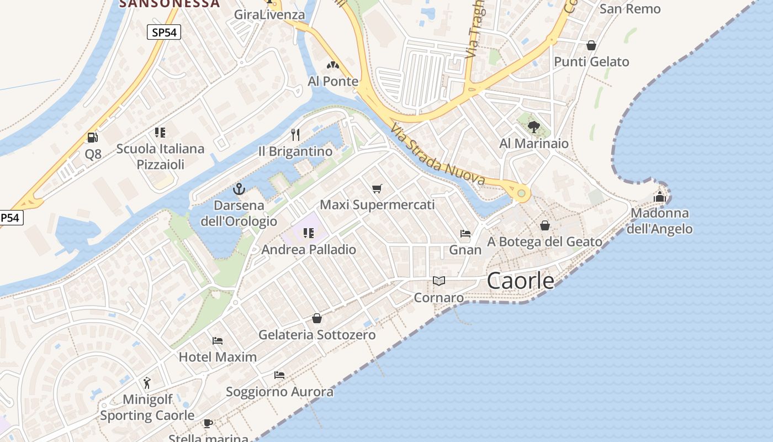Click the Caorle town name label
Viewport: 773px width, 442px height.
pos(521,281)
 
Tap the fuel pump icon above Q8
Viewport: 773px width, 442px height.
pos(92,138)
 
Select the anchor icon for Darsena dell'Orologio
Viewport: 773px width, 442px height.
pos(239,190)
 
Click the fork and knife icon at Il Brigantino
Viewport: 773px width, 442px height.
pos(295,134)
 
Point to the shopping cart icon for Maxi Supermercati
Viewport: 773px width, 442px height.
pos(377,189)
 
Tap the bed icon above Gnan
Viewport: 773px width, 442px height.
pos(465,234)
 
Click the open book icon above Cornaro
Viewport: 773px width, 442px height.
pos(439,281)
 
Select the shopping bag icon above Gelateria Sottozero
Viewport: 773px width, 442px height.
pos(317,318)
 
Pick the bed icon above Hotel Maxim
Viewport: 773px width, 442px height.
pos(218,341)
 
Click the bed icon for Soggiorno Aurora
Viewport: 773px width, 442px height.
pos(279,375)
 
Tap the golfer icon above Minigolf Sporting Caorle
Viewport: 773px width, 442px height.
pos(147,383)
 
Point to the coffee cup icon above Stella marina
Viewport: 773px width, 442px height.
pos(208,424)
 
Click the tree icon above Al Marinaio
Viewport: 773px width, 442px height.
pos(533,128)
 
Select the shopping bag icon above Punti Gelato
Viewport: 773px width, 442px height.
pos(591,45)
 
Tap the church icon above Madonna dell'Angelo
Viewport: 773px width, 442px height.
pos(660,197)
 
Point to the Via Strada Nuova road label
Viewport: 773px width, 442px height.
pos(437,155)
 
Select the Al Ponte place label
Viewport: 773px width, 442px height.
pos(333,81)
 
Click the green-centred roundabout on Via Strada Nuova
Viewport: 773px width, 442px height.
pos(521,193)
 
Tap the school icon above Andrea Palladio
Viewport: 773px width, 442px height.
pos(308,233)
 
